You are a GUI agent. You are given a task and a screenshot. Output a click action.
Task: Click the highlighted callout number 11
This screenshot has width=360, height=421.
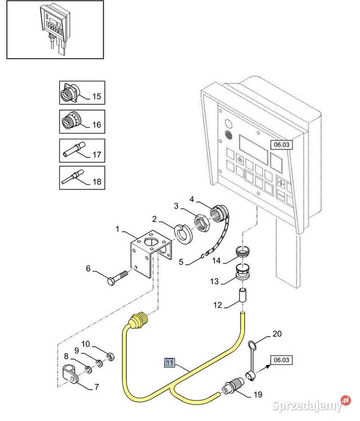[x=169, y=362]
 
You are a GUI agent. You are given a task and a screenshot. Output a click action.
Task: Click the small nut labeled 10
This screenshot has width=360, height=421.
[x=109, y=356]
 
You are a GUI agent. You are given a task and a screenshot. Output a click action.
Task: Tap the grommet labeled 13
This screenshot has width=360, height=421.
[x=243, y=274]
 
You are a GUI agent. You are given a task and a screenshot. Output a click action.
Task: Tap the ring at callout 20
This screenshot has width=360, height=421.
[x=252, y=346]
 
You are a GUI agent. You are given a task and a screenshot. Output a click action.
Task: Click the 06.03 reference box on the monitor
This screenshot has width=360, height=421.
[x=282, y=145]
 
